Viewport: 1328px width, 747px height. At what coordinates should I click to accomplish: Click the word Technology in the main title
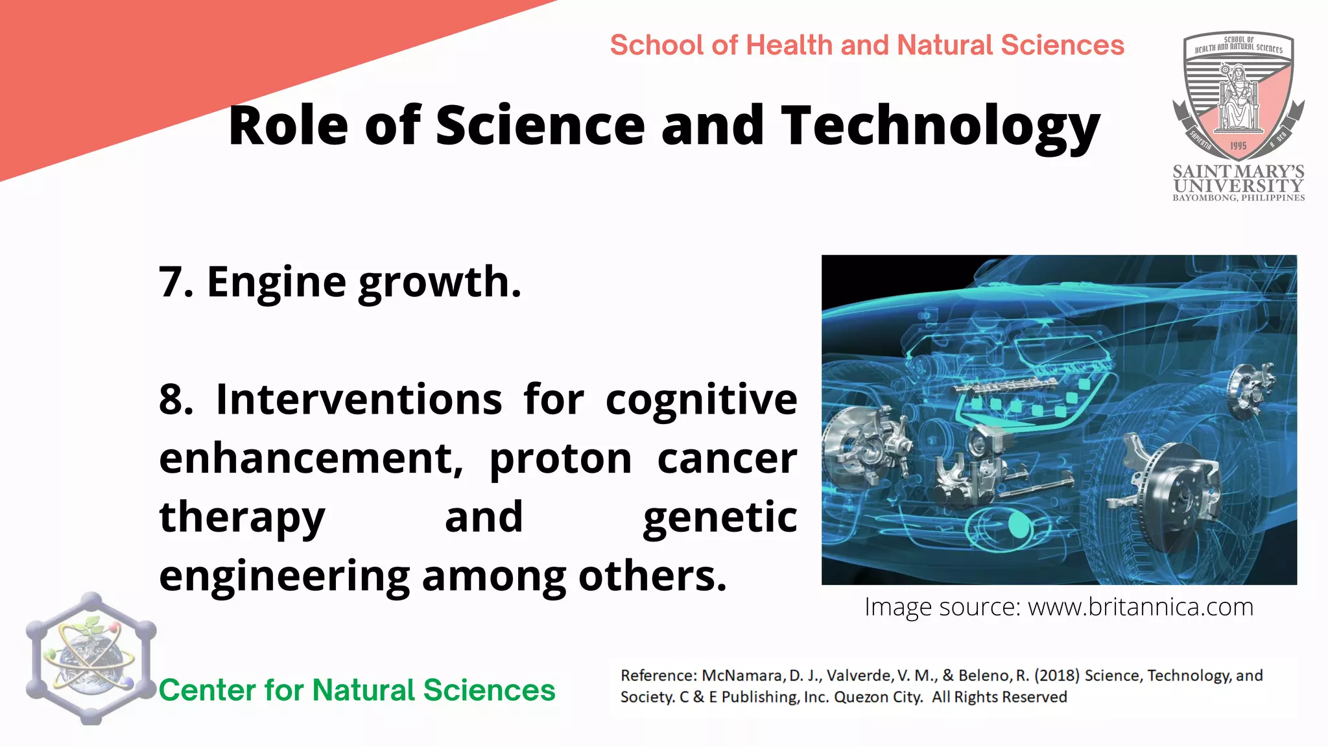pyautogui.click(x=940, y=126)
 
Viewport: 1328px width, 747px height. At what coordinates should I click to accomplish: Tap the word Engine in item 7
pyautogui.click(x=276, y=283)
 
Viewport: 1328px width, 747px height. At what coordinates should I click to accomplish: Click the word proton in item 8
pyautogui.click(x=560, y=459)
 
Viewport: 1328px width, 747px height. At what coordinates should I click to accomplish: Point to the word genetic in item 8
pyautogui.click(x=720, y=517)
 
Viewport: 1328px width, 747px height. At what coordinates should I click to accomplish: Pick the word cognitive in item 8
pyautogui.click(x=701, y=399)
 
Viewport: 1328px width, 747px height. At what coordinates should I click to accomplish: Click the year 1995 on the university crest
pyautogui.click(x=1238, y=146)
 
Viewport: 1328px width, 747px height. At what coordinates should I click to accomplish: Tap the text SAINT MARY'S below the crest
pyautogui.click(x=1238, y=172)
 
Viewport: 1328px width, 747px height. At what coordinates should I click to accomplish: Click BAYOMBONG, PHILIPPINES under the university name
pyautogui.click(x=1238, y=198)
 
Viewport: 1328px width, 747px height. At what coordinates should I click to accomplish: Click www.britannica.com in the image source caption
pyautogui.click(x=1141, y=608)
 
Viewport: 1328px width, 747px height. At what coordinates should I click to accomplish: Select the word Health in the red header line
pyautogui.click(x=789, y=45)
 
